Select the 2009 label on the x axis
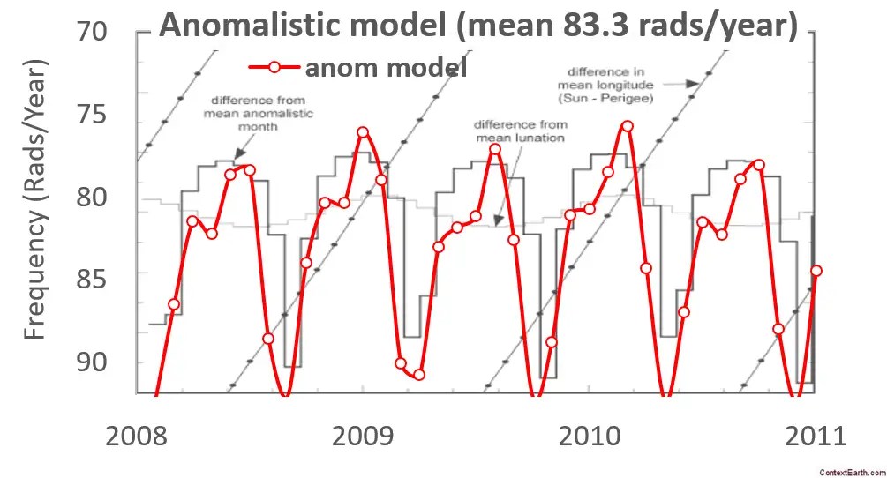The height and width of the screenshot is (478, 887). click(364, 437)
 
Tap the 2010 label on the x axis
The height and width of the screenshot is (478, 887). click(588, 437)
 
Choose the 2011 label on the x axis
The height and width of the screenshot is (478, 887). click(813, 437)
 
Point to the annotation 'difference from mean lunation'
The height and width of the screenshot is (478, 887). click(520, 131)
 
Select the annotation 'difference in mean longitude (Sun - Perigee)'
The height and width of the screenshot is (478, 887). click(605, 86)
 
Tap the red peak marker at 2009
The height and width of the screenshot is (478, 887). click(363, 132)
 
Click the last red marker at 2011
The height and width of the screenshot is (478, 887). click(816, 271)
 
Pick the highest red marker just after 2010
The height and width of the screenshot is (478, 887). click(628, 126)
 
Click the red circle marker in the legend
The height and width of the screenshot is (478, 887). click(274, 67)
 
